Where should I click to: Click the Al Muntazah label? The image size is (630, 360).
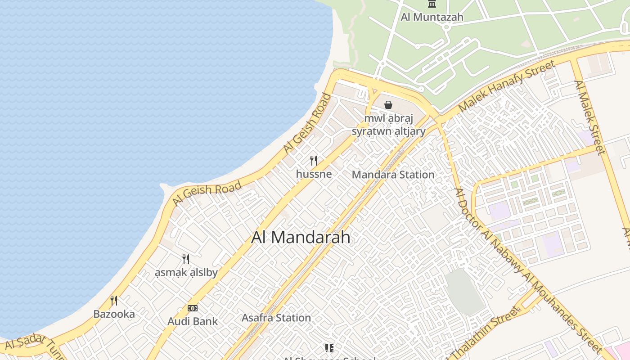click(x=432, y=18)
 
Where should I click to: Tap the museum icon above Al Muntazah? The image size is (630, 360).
click(x=432, y=4)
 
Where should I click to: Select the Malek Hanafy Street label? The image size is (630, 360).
click(x=507, y=87)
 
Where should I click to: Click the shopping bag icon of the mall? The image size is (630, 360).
click(x=388, y=105)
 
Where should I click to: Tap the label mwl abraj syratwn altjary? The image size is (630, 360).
click(x=388, y=125)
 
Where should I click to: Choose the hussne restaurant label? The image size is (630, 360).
click(x=314, y=174)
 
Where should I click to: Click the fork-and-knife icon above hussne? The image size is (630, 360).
click(x=314, y=161)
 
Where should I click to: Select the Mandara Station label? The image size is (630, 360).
click(x=393, y=175)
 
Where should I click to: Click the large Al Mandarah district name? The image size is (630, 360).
click(x=301, y=237)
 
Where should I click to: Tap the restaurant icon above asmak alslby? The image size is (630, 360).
click(x=185, y=259)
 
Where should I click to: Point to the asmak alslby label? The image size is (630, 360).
click(x=186, y=272)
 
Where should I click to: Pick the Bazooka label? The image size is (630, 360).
click(x=114, y=314)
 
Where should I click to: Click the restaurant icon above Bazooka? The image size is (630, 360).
click(x=114, y=301)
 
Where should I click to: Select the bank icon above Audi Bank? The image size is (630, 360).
click(x=193, y=308)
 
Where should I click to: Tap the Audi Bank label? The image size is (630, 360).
click(x=193, y=321)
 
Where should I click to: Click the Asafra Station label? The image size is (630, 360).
click(x=276, y=318)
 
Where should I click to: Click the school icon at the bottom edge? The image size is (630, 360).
click(x=329, y=348)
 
